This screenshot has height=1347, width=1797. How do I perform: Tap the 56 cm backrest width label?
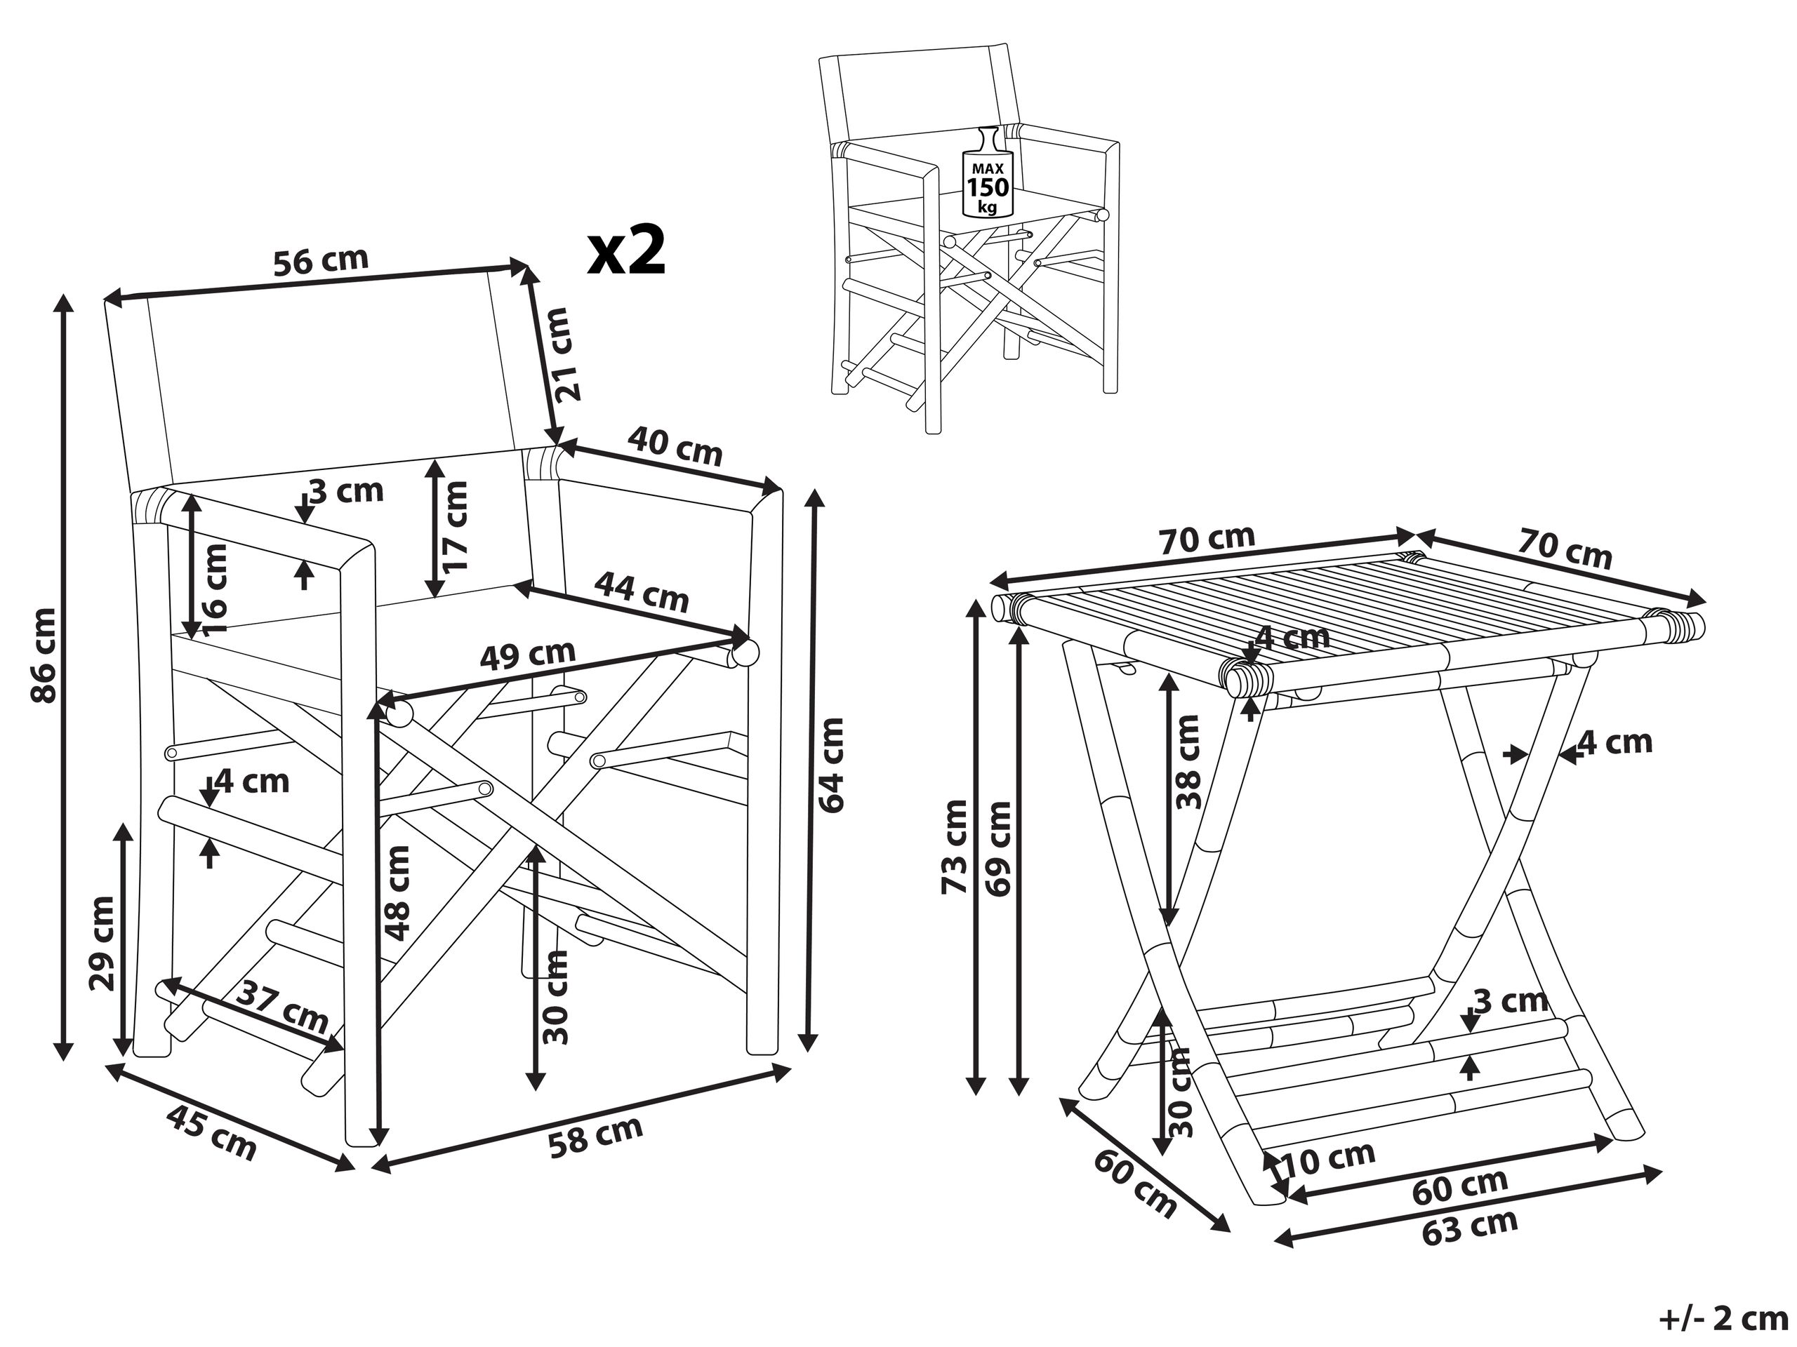[x=320, y=262]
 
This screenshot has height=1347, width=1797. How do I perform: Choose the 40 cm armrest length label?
[x=675, y=449]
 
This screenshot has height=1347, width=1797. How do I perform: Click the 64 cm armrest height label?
[x=831, y=764]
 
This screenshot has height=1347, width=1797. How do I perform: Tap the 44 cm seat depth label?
[x=642, y=592]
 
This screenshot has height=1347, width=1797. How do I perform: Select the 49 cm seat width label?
[x=527, y=655]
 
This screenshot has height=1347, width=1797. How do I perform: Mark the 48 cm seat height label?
[x=397, y=892]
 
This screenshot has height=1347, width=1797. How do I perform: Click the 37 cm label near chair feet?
[x=284, y=1007]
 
